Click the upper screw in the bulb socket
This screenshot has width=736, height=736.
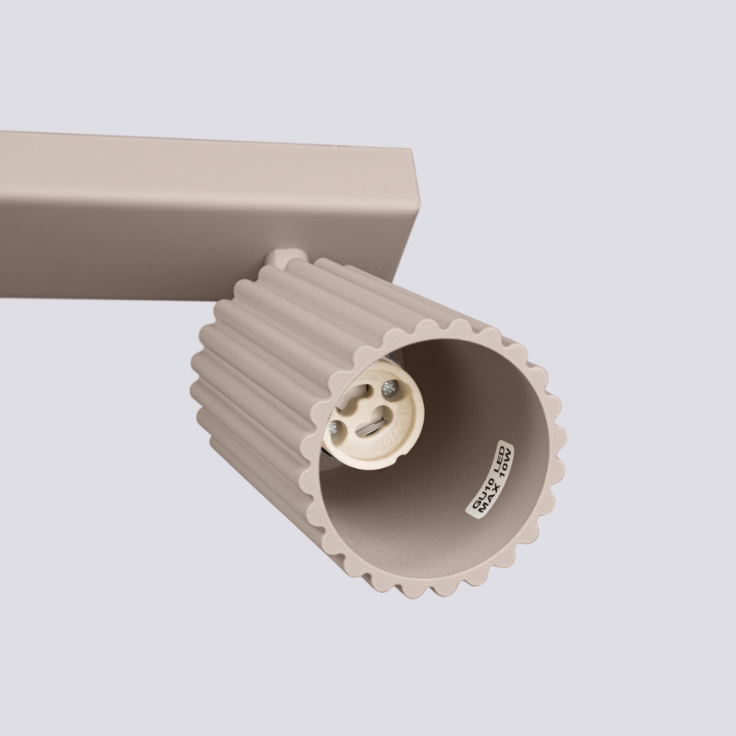(x=389, y=388)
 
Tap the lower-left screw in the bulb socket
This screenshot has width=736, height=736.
(x=338, y=428)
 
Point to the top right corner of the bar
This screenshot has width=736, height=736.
(x=413, y=151)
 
